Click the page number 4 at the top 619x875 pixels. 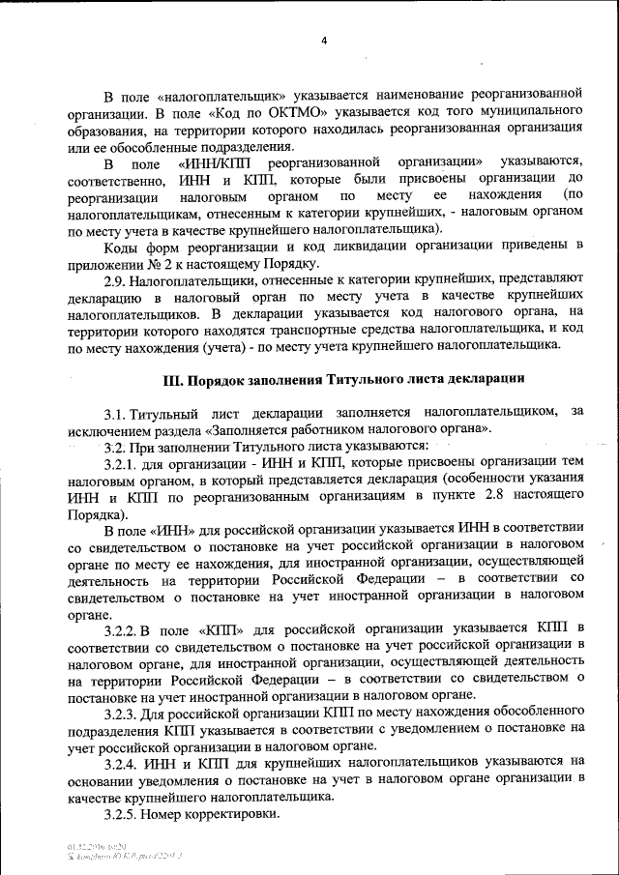(x=325, y=41)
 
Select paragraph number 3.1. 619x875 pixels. (x=117, y=413)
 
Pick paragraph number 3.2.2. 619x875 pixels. (x=123, y=629)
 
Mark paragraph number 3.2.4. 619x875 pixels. (x=123, y=763)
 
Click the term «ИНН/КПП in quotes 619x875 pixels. (x=216, y=161)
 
